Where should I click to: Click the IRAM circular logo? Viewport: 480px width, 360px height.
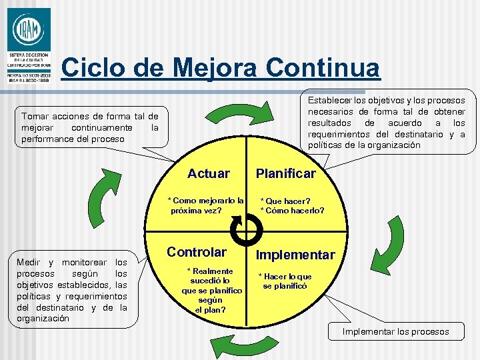coord(28,30)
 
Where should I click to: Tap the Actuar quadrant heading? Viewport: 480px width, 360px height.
coord(209,174)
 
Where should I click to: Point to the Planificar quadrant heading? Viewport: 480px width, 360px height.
coord(286,174)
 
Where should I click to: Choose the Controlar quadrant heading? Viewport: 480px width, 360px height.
coord(197,252)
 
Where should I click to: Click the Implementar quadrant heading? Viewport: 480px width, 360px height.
coord(295,255)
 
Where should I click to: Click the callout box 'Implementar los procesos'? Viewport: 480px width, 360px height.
coord(395,331)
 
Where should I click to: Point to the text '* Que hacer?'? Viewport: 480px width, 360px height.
coord(285,201)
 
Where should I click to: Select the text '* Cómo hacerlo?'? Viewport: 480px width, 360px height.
coord(292,211)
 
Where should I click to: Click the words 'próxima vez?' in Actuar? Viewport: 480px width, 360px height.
coord(197,210)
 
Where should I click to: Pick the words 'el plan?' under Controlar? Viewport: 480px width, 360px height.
coord(210,309)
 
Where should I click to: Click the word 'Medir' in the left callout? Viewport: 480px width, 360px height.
coord(30,262)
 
